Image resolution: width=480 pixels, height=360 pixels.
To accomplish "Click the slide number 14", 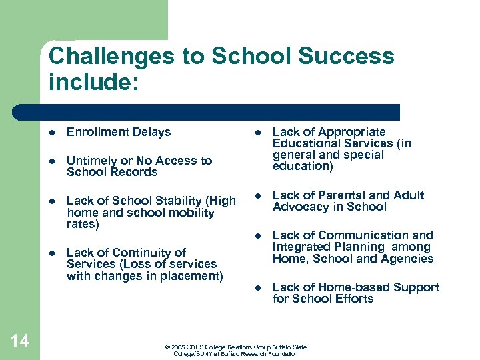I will (20, 341).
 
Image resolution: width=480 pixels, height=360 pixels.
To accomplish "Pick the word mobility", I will (190, 213).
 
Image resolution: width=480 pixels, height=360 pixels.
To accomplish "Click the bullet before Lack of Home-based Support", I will (258, 288).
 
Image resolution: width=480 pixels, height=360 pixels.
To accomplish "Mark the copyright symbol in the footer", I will (167, 347).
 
